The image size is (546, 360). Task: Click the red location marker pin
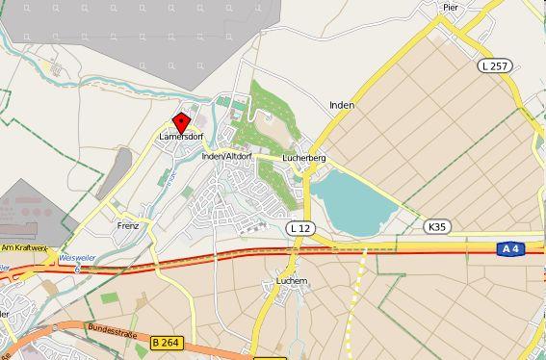coord(180,123)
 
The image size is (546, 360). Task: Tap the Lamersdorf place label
coord(181,137)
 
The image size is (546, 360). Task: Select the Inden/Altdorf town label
coord(227,156)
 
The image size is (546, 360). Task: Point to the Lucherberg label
coord(304,157)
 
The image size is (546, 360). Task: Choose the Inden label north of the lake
coord(341,105)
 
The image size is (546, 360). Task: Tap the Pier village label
coord(449,7)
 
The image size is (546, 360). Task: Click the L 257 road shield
coord(494,65)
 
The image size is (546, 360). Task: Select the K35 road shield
coord(436,226)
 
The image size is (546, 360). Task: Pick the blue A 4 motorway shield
coord(510,248)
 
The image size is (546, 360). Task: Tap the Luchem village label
coord(291,281)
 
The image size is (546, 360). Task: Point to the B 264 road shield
coord(166,342)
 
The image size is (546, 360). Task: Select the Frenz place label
coord(127,226)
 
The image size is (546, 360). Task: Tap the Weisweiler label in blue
coord(76,258)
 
